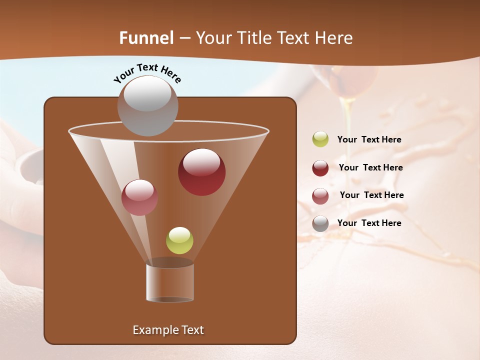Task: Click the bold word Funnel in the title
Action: coord(146,38)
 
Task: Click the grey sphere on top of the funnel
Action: coord(147,106)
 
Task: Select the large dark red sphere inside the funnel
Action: coord(201,172)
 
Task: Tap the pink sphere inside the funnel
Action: coord(139,197)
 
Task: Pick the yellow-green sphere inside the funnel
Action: coord(179,240)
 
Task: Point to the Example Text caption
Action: coord(168,330)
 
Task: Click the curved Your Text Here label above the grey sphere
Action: coord(147,73)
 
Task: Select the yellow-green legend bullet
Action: coord(320,139)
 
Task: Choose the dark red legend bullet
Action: coord(320,168)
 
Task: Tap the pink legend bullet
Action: coord(320,196)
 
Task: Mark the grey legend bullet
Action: coord(320,223)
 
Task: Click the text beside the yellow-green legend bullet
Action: coord(369,140)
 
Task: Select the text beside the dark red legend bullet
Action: coord(370,168)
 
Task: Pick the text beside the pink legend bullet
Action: coord(371,195)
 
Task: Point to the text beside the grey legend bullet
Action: coord(369,223)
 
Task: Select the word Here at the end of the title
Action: coord(334,38)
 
